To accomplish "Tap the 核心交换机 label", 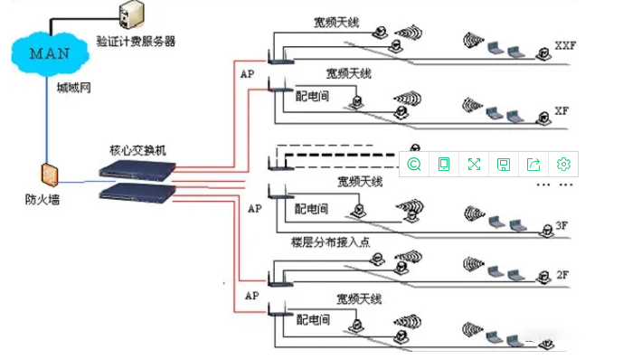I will point(137,150).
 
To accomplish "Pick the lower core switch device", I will point(137,191).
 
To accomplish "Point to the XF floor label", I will point(562,110).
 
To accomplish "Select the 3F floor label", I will point(562,224).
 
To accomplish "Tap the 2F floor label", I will point(562,274).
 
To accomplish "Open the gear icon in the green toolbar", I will point(563,164).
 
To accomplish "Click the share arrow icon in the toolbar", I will point(533,164).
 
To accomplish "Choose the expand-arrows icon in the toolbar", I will point(474,164).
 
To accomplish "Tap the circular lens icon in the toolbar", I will point(414,164).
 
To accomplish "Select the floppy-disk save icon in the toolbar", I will point(504,164).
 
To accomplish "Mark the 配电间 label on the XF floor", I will point(312,93).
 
